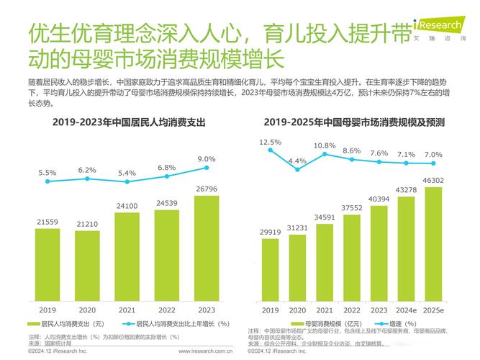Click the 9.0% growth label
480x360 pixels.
(207, 158)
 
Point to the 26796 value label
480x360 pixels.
(206, 189)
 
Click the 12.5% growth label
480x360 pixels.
(271, 143)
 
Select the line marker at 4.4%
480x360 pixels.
(297, 175)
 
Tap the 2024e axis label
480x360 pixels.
(406, 310)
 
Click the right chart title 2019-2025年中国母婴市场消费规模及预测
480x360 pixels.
(353, 123)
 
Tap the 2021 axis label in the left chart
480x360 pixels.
(127, 310)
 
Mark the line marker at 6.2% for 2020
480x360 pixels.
(87, 181)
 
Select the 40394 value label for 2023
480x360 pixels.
(379, 199)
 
